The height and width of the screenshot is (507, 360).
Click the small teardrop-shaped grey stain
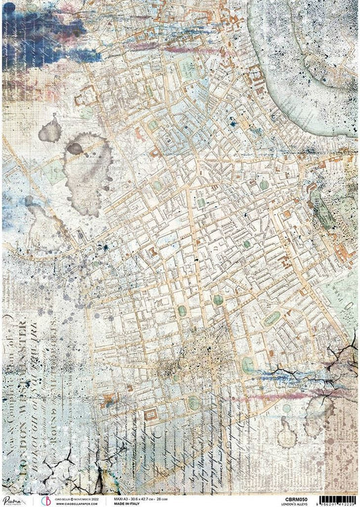(50, 128)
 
